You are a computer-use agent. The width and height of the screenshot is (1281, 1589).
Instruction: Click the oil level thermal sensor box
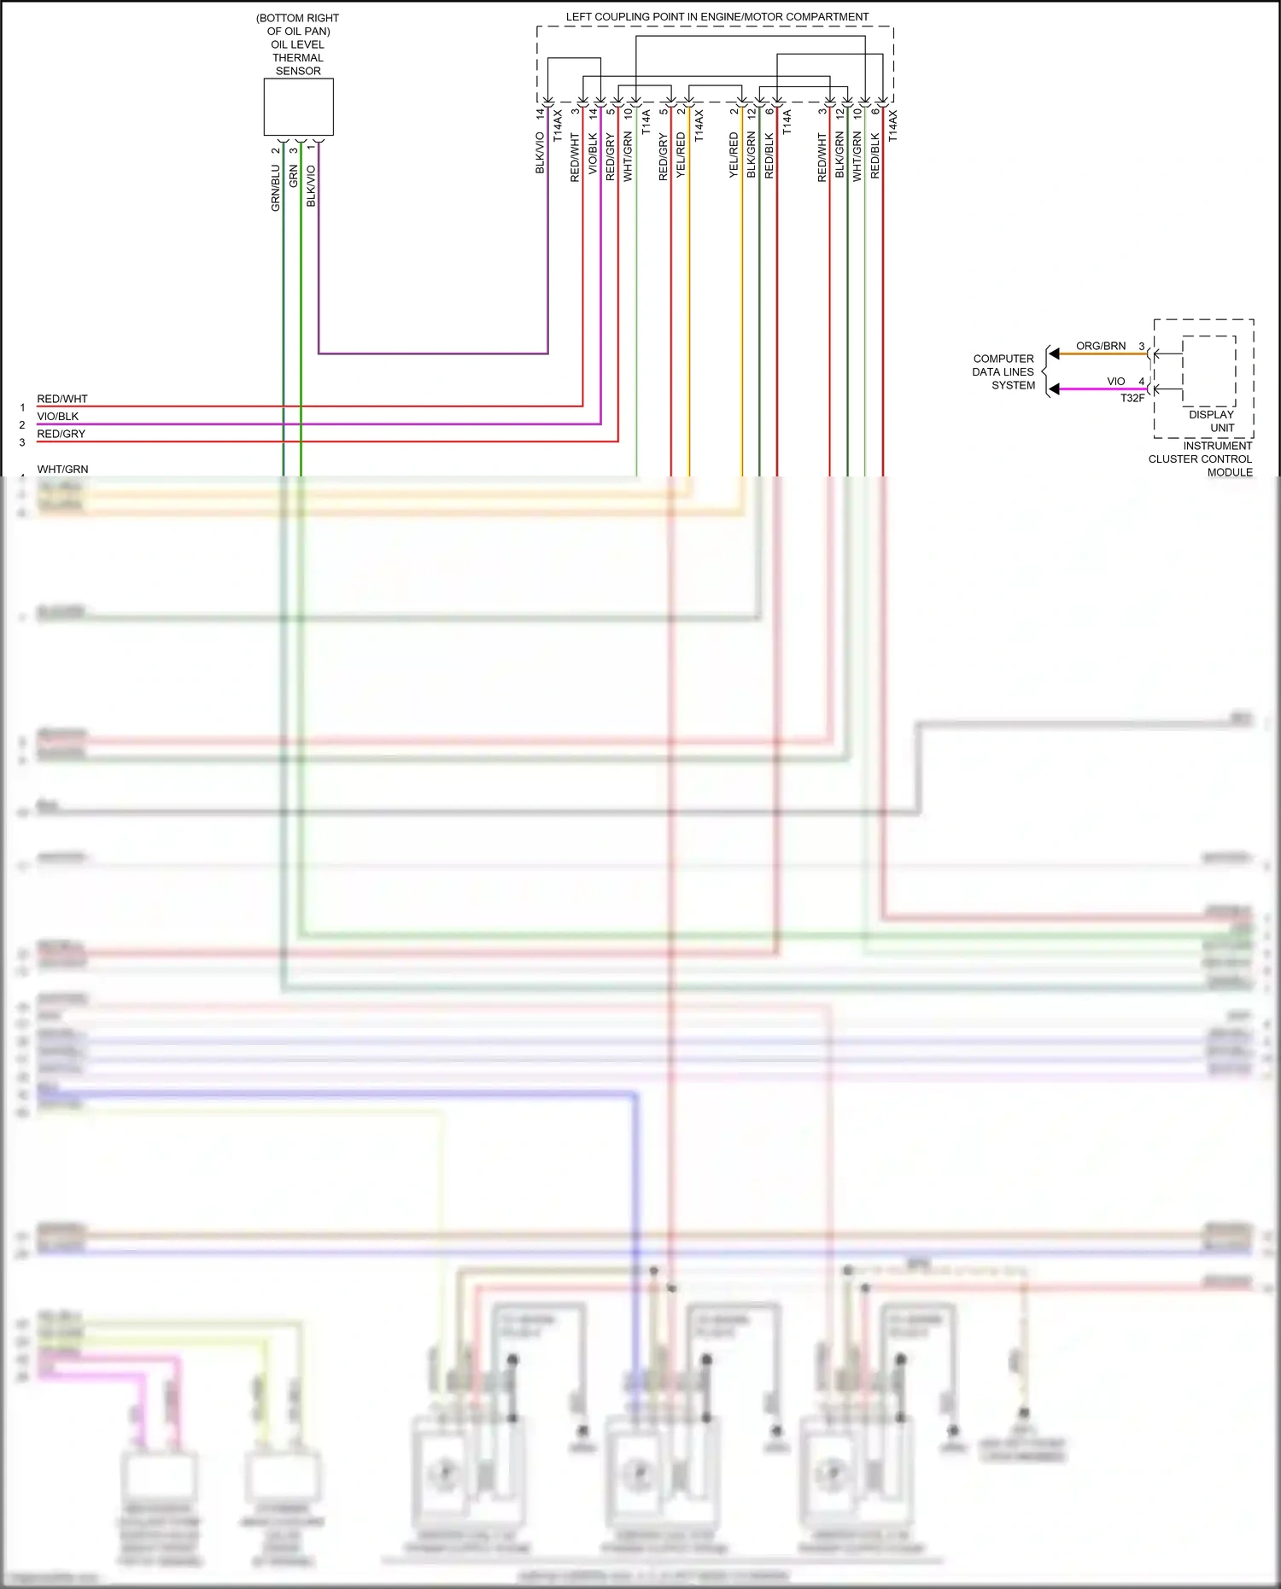[298, 107]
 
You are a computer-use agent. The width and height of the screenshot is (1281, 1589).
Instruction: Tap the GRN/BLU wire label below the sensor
[276, 189]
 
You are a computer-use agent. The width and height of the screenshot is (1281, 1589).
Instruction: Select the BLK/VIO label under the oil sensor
[311, 186]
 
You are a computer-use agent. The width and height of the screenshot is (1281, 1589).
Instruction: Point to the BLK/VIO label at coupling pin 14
[540, 153]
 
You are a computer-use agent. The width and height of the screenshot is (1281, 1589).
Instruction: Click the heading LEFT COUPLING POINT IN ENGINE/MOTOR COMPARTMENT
[717, 17]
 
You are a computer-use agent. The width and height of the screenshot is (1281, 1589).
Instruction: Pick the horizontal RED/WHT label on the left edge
[62, 399]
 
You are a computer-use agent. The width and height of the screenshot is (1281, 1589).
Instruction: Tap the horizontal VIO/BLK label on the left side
[58, 417]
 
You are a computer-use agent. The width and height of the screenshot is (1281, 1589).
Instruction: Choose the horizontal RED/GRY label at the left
[61, 434]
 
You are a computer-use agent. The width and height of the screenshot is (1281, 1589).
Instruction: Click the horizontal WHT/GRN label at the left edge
[62, 470]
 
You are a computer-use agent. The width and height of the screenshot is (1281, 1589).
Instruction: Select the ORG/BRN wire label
[1101, 346]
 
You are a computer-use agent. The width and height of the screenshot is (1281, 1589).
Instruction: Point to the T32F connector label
[1132, 398]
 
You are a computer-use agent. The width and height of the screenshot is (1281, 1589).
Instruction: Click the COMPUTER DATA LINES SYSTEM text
[1003, 372]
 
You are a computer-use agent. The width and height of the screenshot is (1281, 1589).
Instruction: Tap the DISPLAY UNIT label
[1212, 421]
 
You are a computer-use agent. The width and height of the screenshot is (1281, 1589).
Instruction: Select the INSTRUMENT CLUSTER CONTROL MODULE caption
[1201, 459]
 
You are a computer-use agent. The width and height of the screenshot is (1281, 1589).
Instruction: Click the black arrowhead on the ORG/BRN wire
[1055, 353]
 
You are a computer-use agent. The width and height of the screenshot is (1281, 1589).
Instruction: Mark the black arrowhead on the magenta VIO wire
[1055, 389]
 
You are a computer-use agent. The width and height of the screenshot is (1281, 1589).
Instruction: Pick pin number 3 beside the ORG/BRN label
[1142, 347]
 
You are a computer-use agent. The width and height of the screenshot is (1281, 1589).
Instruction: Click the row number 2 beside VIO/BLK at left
[22, 425]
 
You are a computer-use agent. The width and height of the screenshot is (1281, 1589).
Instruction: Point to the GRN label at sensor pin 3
[294, 177]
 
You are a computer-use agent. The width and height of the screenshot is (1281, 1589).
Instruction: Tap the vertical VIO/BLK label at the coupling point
[593, 155]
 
